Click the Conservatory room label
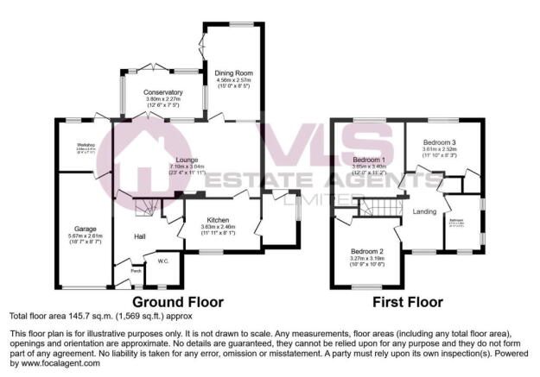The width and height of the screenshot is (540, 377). point(163,92)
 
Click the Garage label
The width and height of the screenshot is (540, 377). point(85,229)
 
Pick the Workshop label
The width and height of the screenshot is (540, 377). point(85,144)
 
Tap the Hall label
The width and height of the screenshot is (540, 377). point(139,236)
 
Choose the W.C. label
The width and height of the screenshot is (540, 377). point(163,259)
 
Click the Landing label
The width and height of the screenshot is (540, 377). point(423,210)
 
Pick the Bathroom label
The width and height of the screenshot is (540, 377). point(456,220)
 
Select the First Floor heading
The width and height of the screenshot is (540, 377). point(408,302)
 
